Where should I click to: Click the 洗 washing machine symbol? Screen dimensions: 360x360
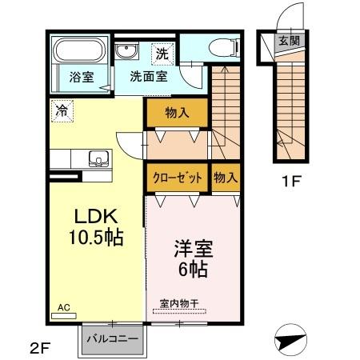click(x=162, y=54)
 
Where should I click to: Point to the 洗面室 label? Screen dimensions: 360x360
click(x=148, y=78)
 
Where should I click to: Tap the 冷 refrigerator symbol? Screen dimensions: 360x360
click(x=61, y=111)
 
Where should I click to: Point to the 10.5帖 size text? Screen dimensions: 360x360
click(x=96, y=237)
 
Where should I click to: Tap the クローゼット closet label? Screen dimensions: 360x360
click(x=178, y=178)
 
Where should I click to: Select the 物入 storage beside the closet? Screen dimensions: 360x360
click(x=226, y=178)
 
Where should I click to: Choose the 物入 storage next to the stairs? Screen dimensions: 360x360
click(x=177, y=113)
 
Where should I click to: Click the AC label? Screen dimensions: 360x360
click(x=63, y=306)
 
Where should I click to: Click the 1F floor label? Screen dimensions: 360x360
click(x=290, y=182)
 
